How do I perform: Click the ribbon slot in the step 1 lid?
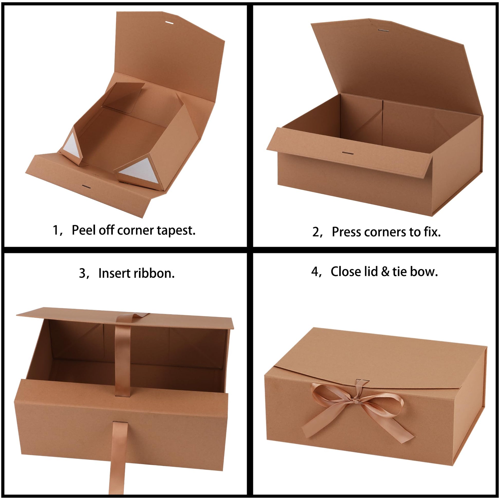(x=169, y=23)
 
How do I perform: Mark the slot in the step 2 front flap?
(x=348, y=153)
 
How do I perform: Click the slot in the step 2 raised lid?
(x=382, y=30)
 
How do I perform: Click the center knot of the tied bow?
(x=356, y=401)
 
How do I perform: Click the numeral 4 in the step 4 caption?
(x=314, y=272)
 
